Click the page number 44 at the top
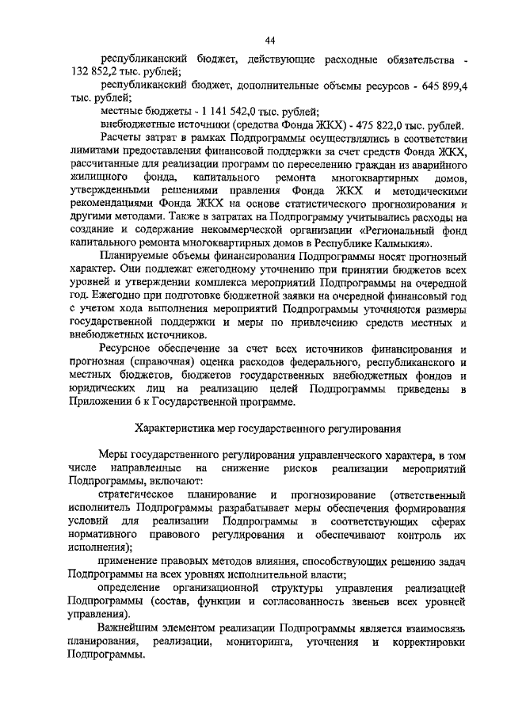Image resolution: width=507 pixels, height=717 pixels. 269,40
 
